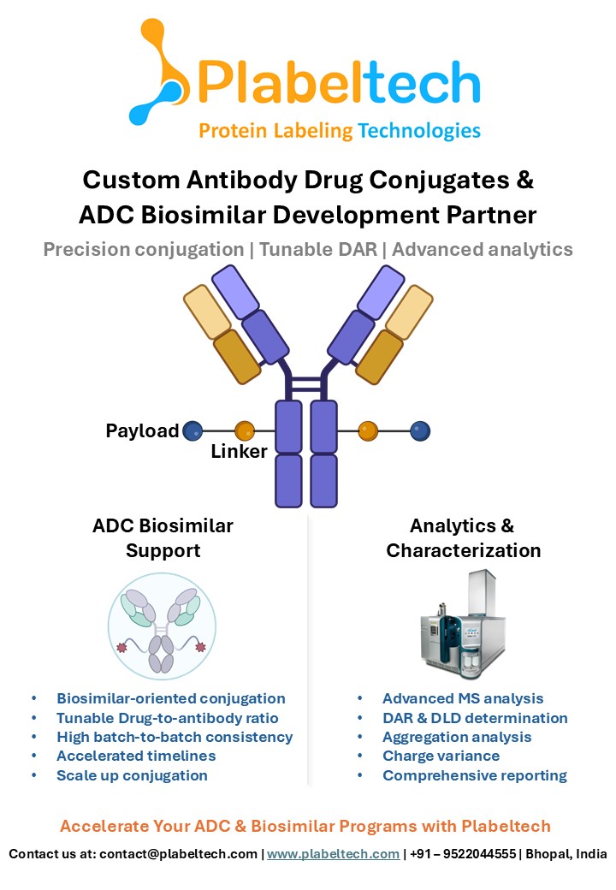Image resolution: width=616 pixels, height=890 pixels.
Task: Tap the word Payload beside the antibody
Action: click(142, 430)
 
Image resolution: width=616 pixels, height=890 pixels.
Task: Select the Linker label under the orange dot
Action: click(240, 451)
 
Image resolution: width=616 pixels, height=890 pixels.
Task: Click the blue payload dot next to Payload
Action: click(192, 430)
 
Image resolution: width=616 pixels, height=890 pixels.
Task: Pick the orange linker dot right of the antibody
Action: click(369, 430)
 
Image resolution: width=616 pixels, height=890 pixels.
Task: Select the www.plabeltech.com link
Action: click(333, 854)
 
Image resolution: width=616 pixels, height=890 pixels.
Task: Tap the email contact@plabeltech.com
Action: click(178, 854)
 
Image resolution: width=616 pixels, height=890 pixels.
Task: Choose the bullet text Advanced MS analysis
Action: click(463, 698)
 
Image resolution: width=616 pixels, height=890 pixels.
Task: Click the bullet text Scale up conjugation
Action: click(132, 775)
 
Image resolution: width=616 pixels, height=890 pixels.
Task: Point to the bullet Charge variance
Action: click(441, 756)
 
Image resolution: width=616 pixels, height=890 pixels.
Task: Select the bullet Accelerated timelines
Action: click(136, 756)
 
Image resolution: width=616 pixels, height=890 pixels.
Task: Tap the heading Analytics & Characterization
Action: click(463, 537)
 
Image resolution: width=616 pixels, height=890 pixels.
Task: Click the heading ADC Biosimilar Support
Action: click(163, 537)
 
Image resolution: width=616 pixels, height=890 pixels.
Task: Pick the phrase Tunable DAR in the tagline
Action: click(317, 249)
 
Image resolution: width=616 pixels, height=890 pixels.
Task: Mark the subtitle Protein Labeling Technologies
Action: click(340, 131)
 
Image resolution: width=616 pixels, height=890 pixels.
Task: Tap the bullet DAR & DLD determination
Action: click(475, 718)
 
